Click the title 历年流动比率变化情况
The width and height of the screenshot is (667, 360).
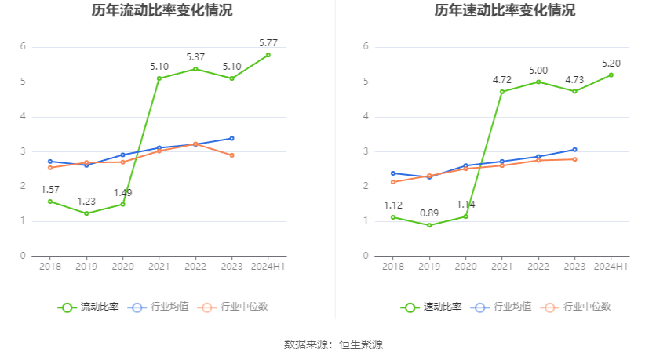tap(162, 11)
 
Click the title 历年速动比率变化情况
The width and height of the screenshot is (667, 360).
tap(505, 11)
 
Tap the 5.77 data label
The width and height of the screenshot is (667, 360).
tap(268, 42)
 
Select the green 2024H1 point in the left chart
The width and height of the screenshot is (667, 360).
tap(268, 55)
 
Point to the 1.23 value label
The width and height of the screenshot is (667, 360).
tap(86, 201)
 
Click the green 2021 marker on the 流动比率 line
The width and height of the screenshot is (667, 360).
tap(159, 78)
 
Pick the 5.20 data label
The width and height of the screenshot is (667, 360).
tap(611, 63)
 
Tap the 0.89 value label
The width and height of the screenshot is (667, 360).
tap(429, 213)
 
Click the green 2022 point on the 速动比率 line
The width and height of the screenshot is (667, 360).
tap(538, 82)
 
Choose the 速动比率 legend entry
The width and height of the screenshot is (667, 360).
tap(432, 307)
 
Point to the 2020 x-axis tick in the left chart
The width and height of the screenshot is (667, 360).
tap(122, 267)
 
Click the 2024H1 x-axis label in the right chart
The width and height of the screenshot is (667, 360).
tap(611, 267)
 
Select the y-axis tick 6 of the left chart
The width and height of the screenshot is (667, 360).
tap(24, 47)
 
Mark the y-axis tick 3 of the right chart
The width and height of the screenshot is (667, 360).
tap(366, 151)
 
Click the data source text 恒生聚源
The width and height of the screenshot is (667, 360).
tap(361, 344)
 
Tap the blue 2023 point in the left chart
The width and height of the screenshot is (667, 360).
tap(231, 138)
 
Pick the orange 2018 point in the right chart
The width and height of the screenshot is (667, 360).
tap(392, 182)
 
